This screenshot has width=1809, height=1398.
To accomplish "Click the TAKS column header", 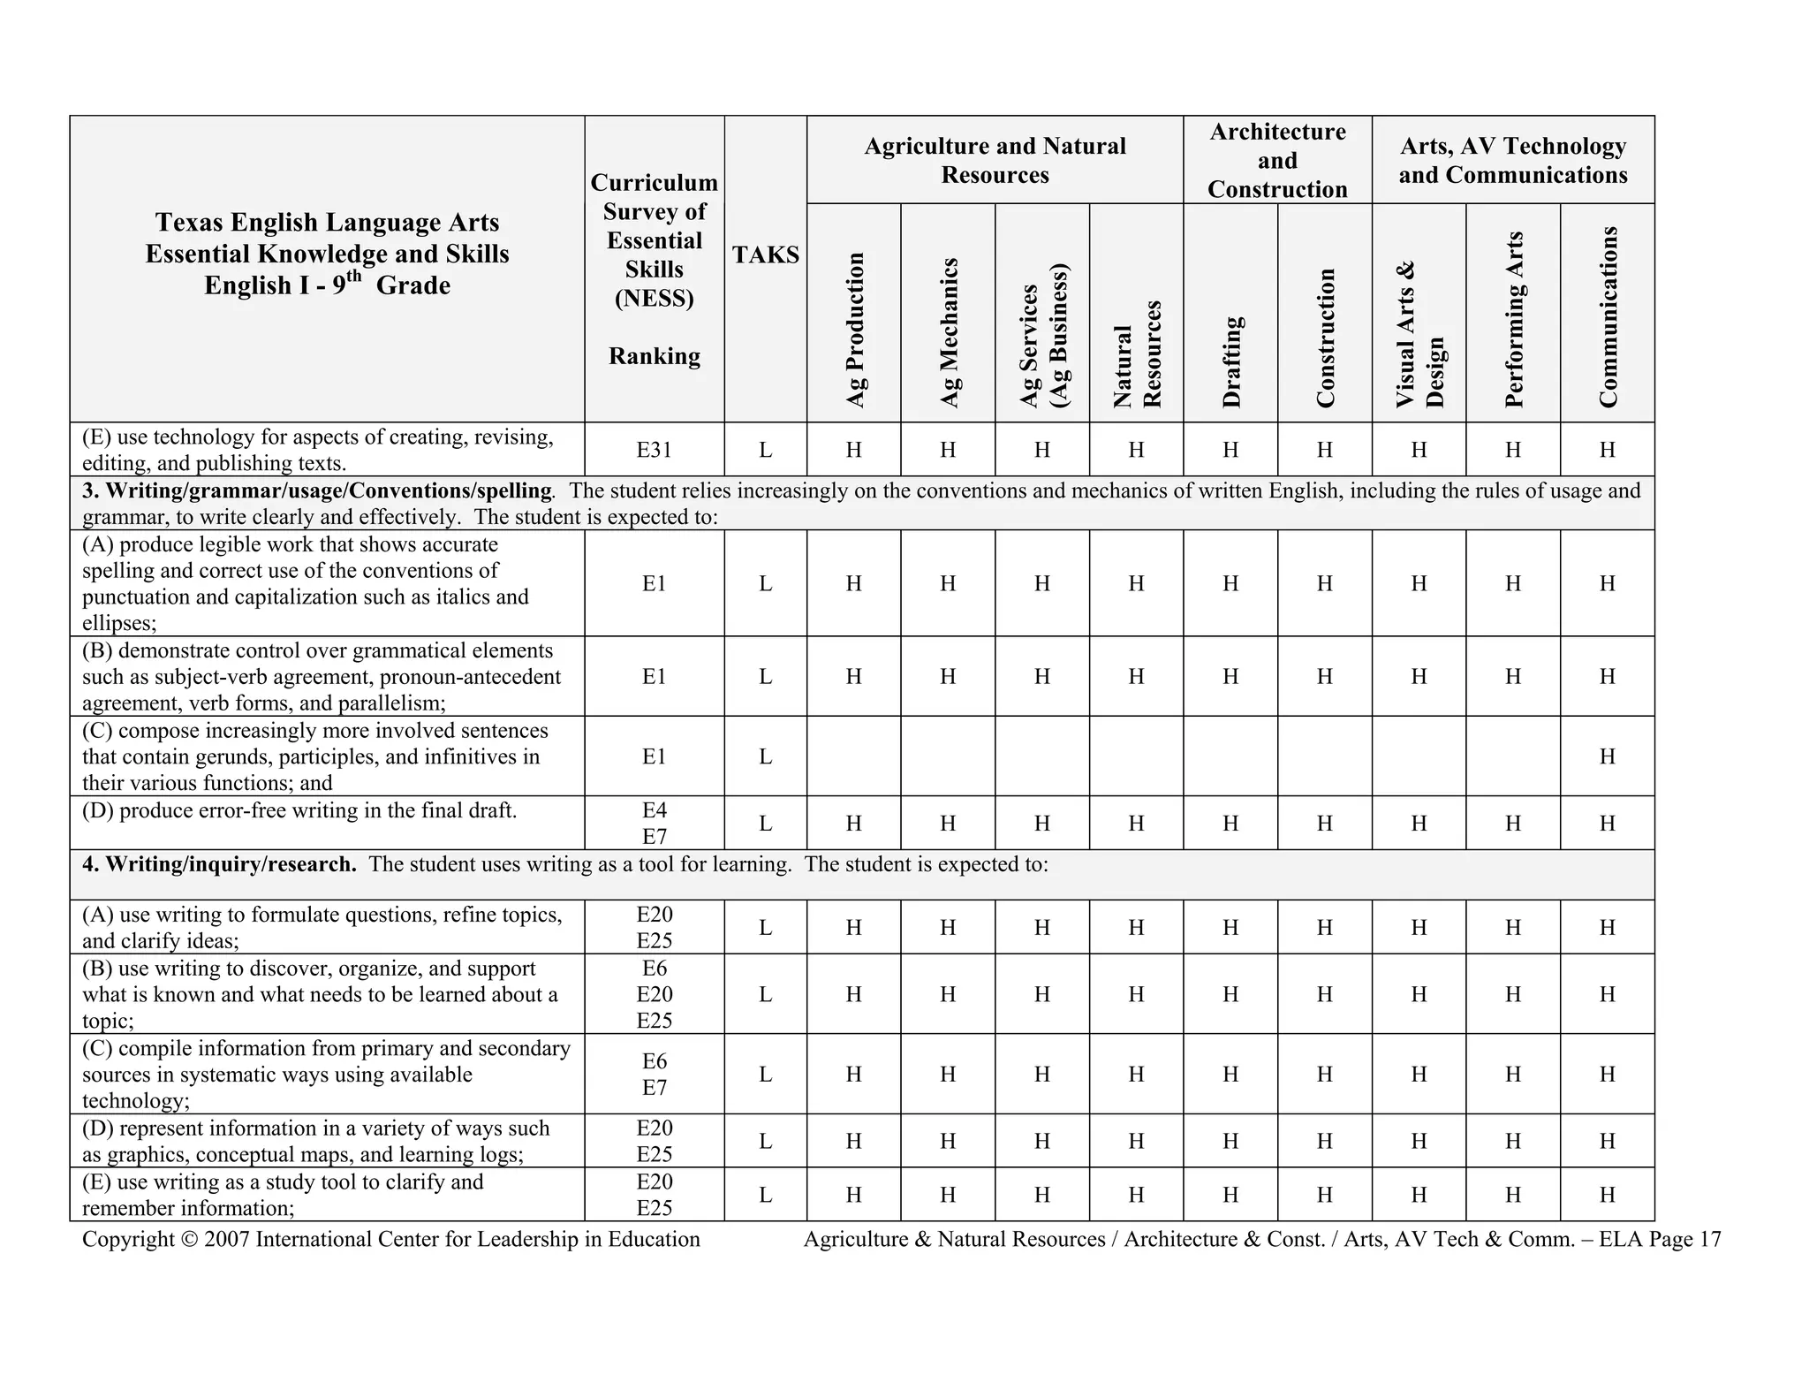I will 765,255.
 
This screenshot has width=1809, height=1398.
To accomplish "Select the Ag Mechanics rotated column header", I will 948,332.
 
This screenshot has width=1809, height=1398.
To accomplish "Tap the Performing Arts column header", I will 1514,319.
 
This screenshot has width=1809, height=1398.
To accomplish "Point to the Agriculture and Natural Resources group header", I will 995,160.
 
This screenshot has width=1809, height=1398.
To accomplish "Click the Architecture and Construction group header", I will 1277,160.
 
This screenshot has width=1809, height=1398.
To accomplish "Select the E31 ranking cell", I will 654,450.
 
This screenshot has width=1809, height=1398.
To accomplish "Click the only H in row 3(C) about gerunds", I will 1607,756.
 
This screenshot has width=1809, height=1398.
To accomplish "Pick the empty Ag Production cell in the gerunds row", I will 853,756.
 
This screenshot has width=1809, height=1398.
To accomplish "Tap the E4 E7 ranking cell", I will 654,823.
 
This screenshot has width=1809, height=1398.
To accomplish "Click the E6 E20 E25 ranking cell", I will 654,994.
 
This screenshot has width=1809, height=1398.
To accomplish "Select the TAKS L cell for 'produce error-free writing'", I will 765,824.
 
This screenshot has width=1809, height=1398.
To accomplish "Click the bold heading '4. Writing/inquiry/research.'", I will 219,864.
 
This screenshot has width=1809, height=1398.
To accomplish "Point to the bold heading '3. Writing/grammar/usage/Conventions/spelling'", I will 317,491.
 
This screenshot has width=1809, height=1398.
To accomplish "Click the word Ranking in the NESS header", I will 654,356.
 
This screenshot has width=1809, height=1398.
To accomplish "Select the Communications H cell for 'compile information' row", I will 1607,1075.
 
